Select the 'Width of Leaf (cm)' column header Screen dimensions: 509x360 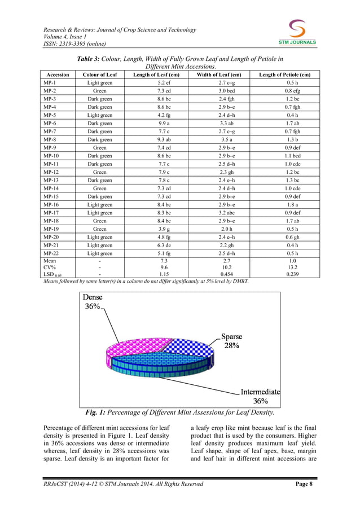point(218,74)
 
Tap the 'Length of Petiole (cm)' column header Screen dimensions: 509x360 point(284,74)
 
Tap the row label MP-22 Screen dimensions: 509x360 point(52,254)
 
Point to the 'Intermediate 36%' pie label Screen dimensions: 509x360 point(260,396)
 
